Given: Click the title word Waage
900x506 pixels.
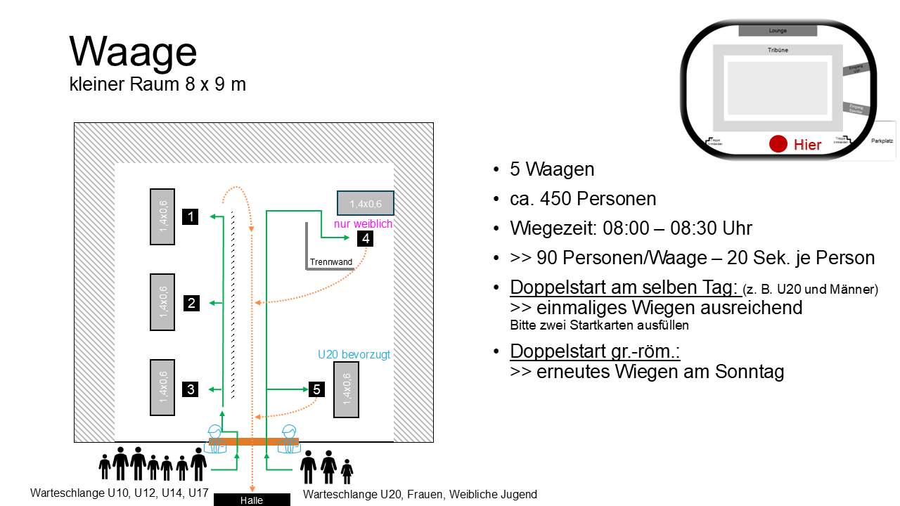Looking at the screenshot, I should point(133,52).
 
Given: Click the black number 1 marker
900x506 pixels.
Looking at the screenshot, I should point(191,216).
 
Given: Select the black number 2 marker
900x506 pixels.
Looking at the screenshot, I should point(191,303).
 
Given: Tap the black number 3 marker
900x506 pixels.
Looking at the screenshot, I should point(191,389).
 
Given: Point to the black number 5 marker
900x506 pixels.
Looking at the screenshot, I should point(316,389).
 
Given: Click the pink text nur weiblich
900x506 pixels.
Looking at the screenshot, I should point(363,223).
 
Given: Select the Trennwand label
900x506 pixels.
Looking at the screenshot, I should point(330,262).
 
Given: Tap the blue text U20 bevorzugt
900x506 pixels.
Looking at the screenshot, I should point(354,355).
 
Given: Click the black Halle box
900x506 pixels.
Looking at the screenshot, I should point(252,500).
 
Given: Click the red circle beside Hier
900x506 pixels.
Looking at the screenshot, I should point(778,144).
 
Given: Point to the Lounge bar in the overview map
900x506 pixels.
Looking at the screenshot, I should point(778,31).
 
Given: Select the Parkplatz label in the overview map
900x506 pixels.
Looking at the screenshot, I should point(881,141).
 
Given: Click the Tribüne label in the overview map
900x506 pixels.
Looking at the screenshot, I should point(778,50).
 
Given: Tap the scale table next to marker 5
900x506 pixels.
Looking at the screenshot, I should point(346,389).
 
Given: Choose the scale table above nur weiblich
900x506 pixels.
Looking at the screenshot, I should point(365,203).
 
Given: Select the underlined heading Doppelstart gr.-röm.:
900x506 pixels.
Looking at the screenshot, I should point(595,351).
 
